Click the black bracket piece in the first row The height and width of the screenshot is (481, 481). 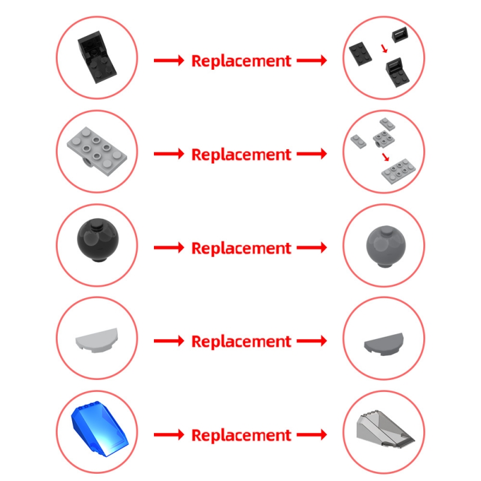(97, 57)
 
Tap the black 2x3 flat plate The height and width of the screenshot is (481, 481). (360, 54)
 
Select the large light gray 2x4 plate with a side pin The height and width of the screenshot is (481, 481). (97, 151)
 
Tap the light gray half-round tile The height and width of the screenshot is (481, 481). (97, 340)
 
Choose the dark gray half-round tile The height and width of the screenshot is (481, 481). (384, 344)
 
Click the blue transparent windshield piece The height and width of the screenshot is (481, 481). (100, 429)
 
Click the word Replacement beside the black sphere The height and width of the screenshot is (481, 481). (241, 248)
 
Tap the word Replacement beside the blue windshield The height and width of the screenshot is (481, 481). (241, 435)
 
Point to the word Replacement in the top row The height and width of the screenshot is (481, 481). (241, 61)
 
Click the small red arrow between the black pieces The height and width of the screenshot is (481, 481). (384, 49)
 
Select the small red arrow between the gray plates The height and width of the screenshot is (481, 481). (385, 157)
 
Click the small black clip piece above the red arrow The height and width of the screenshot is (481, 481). (400, 35)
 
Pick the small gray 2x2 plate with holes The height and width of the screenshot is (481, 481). (384, 139)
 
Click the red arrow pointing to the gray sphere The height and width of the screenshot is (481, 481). (311, 248)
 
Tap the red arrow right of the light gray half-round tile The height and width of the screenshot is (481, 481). (169, 341)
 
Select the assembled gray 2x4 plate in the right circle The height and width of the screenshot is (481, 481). (399, 171)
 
